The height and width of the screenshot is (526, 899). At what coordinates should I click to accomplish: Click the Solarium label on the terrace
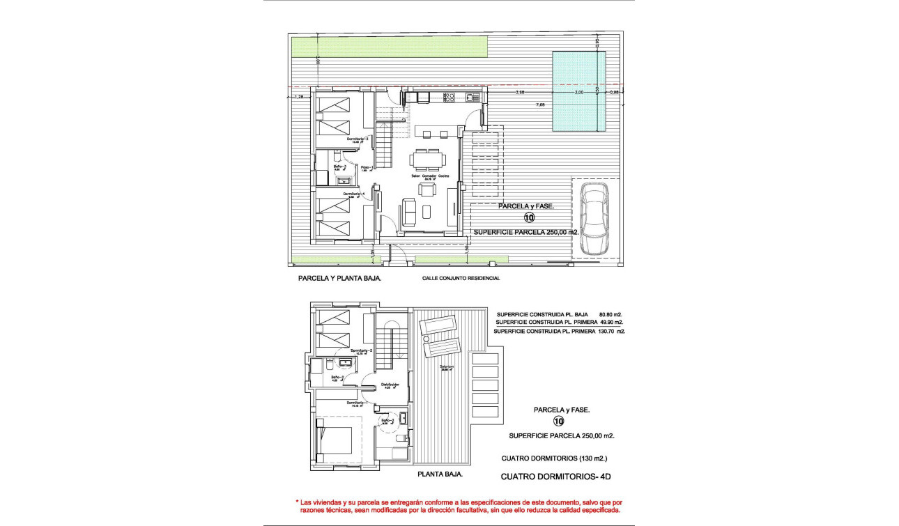click(447, 368)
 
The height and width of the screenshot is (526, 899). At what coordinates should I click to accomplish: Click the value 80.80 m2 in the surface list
click(610, 314)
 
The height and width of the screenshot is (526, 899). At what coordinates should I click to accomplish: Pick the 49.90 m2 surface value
click(610, 323)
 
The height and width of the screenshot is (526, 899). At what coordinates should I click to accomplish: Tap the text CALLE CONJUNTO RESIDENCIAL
click(461, 278)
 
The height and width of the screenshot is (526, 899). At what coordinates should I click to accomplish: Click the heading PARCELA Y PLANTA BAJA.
click(339, 277)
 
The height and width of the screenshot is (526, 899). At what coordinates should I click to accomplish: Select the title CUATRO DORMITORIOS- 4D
click(556, 477)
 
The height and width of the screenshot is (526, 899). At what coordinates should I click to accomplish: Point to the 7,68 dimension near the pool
click(540, 105)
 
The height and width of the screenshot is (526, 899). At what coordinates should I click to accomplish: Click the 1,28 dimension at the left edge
click(300, 97)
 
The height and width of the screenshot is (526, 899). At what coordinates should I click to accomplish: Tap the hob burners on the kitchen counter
click(449, 97)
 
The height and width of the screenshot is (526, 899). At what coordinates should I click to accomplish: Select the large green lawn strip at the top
click(389, 47)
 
